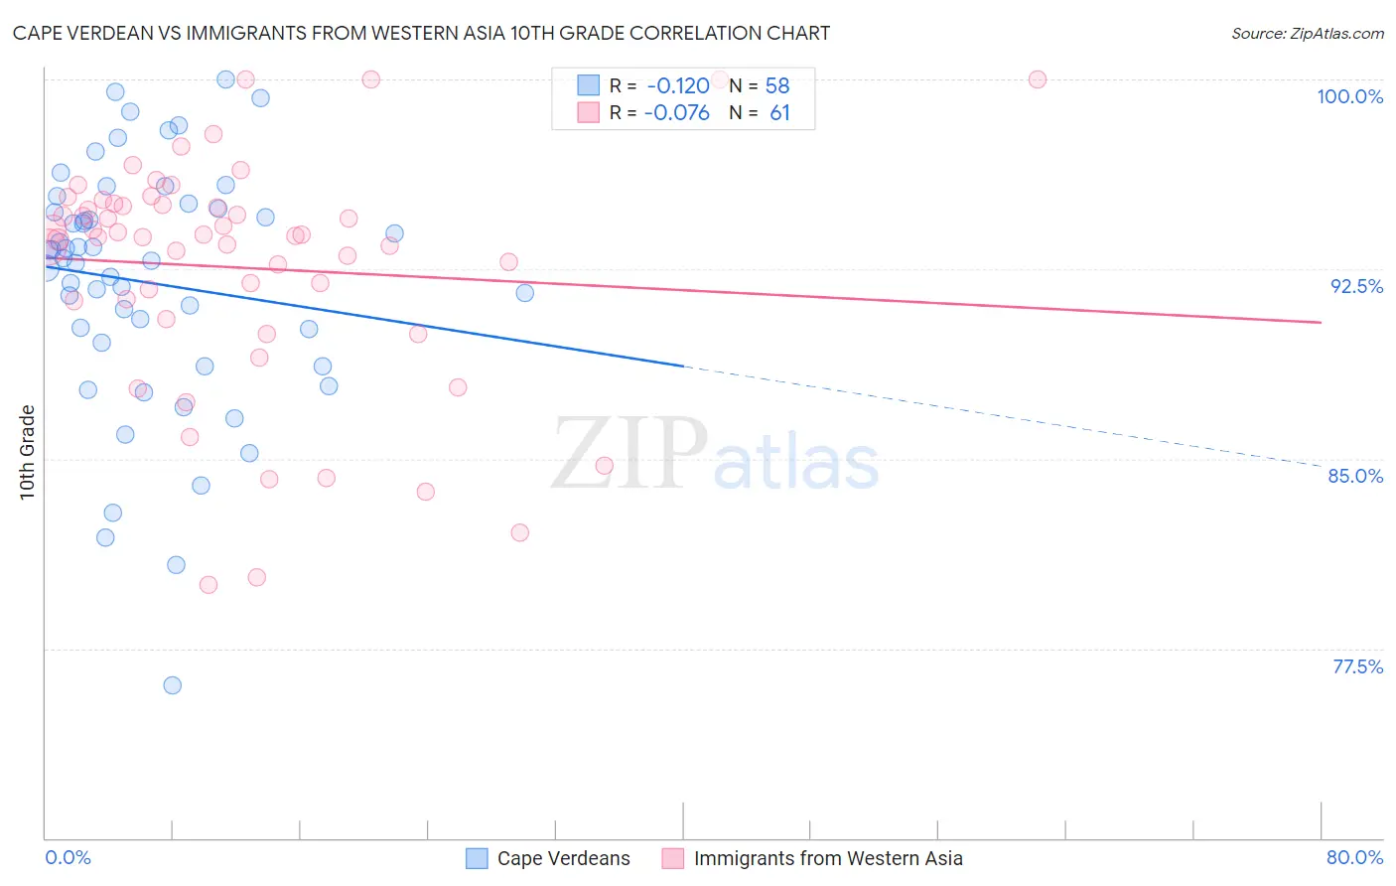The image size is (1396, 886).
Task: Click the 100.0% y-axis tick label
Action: (x=1349, y=96)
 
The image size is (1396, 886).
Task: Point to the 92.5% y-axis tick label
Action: (x=1356, y=286)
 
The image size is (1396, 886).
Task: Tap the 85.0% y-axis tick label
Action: (x=1355, y=476)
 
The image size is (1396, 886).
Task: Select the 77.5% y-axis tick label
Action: (x=1357, y=666)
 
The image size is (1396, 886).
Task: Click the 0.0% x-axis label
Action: (x=68, y=857)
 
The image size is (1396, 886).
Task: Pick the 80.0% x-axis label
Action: (x=1354, y=857)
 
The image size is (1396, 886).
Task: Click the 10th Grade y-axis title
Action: (x=27, y=452)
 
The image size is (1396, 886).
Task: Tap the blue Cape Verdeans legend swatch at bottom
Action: (x=477, y=858)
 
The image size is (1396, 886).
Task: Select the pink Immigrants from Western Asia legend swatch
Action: (x=673, y=858)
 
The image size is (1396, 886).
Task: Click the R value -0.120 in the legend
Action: (x=678, y=86)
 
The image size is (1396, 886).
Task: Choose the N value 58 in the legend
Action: (x=777, y=86)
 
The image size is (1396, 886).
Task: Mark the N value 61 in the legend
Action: (x=779, y=113)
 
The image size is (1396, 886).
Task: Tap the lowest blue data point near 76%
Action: (x=173, y=685)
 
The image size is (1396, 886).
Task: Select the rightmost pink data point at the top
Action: (x=1038, y=79)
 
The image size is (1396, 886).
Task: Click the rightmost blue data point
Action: (x=525, y=293)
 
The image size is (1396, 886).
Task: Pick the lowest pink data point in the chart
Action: (x=209, y=585)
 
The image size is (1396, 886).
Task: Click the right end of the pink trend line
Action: (x=1321, y=322)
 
